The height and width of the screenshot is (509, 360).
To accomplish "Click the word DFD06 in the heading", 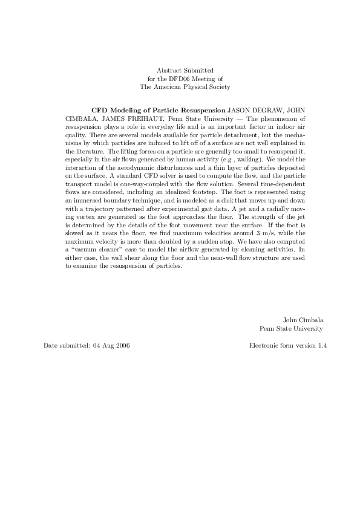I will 181,79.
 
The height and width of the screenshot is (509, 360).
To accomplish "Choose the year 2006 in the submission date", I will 120,346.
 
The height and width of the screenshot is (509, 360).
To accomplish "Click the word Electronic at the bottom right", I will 264,346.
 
